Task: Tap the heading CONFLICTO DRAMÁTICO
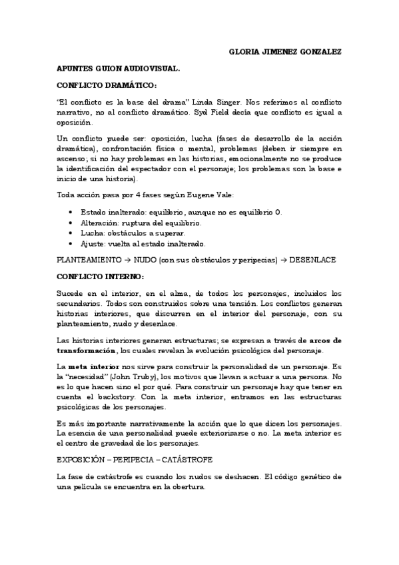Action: (x=107, y=85)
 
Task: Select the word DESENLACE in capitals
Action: (x=312, y=260)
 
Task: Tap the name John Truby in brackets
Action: (x=130, y=377)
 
